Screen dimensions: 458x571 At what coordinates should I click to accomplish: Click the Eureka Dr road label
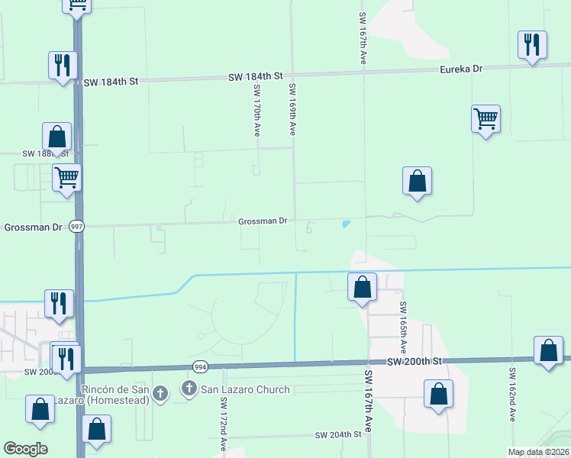pyautogui.click(x=461, y=69)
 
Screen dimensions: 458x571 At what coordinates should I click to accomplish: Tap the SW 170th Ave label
pyautogui.click(x=256, y=111)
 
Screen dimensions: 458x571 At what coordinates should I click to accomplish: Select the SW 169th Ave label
pyautogui.click(x=292, y=110)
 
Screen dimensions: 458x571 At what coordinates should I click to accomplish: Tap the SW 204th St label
pyautogui.click(x=337, y=434)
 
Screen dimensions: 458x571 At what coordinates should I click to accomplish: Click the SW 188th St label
pyautogui.click(x=45, y=153)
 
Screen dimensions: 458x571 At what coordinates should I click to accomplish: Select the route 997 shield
pyautogui.click(x=76, y=227)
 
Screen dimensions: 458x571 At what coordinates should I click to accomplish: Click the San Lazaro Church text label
pyautogui.click(x=246, y=390)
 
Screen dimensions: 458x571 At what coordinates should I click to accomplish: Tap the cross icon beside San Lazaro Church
pyautogui.click(x=189, y=389)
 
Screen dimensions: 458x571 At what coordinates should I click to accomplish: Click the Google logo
pyautogui.click(x=25, y=448)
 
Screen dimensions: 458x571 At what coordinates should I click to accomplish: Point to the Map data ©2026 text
pyautogui.click(x=537, y=452)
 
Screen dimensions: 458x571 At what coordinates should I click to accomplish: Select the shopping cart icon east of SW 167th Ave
pyautogui.click(x=486, y=118)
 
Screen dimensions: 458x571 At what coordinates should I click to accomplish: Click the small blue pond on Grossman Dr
pyautogui.click(x=347, y=224)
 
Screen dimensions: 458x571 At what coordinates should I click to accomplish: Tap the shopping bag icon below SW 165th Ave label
pyautogui.click(x=438, y=394)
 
